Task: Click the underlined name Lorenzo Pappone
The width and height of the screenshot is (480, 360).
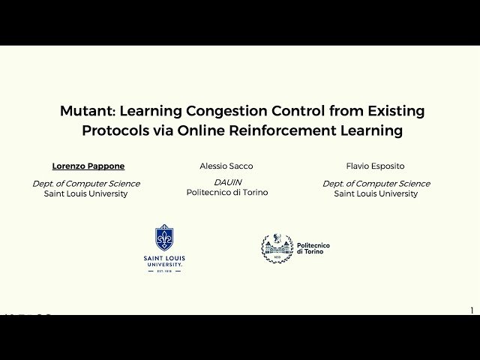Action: tap(88, 166)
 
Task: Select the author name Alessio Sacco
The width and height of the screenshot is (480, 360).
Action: tap(226, 166)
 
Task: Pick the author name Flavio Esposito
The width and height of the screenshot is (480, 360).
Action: tap(375, 166)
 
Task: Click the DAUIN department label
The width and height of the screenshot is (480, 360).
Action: tap(226, 182)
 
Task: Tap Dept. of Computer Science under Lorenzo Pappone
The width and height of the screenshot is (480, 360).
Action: tap(86, 184)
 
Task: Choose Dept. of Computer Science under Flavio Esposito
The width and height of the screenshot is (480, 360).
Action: tap(376, 184)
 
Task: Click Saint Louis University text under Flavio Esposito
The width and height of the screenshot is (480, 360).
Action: tap(376, 193)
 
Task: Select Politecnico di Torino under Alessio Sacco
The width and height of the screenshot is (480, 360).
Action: tap(227, 193)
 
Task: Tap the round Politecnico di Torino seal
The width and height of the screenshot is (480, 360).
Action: tap(277, 248)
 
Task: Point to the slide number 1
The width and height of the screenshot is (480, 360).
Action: tap(472, 310)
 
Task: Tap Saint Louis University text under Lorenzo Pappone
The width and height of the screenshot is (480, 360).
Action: tap(86, 193)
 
